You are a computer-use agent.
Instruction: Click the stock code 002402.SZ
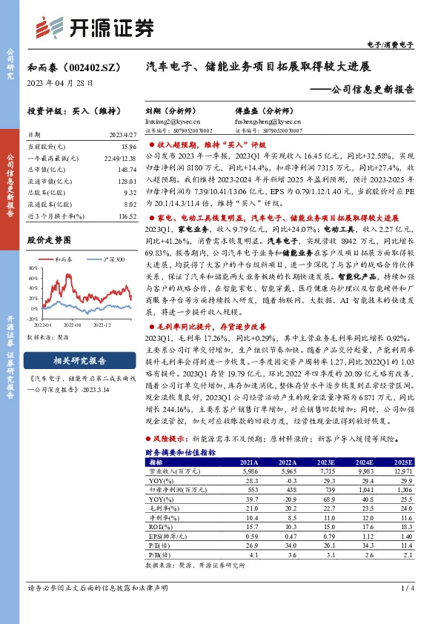click(x=92, y=66)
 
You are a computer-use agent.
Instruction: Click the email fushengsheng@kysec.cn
click(x=261, y=119)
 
